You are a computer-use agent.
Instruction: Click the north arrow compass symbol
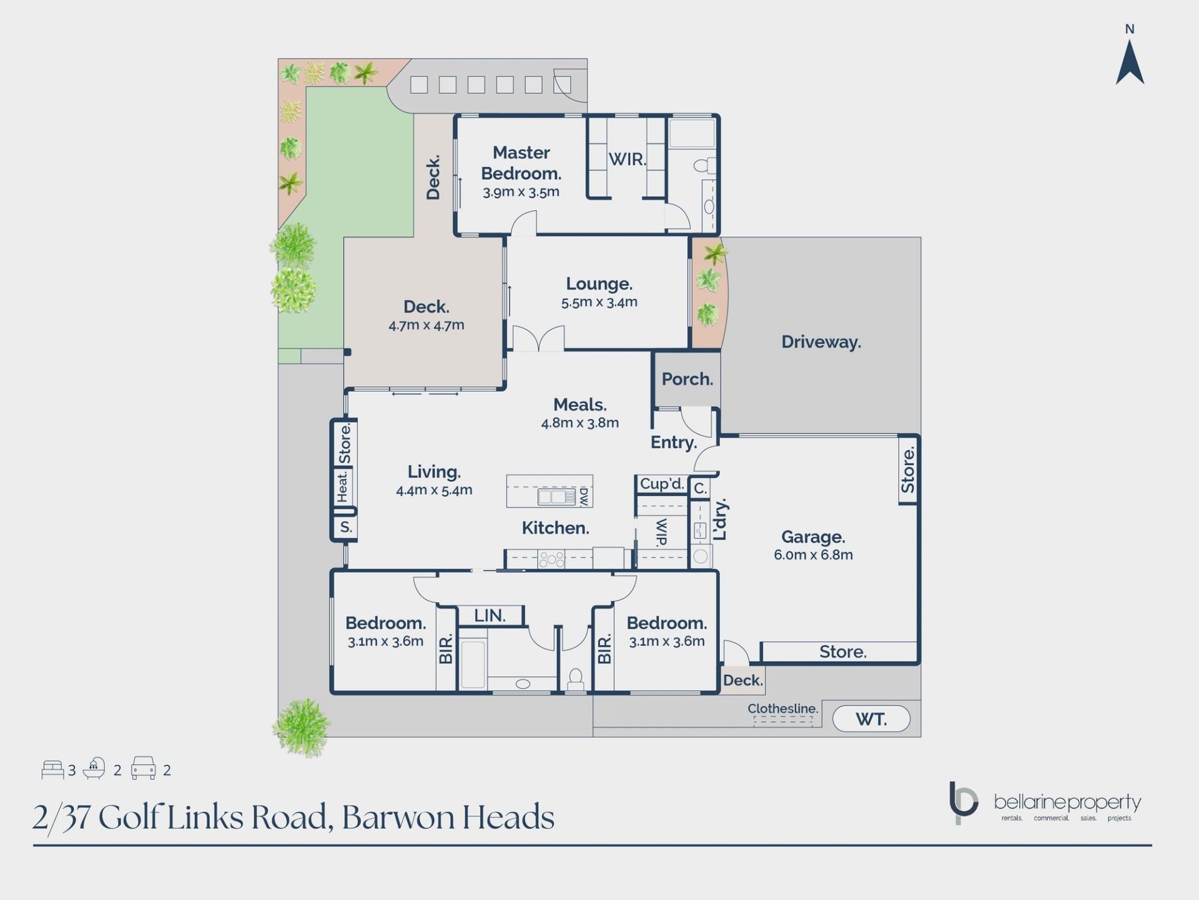tap(1130, 62)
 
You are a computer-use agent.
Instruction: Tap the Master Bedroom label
tap(521, 162)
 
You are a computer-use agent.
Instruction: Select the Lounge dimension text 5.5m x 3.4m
tap(599, 302)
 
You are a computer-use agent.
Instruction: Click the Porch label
tap(687, 379)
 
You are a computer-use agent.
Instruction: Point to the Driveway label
tap(821, 342)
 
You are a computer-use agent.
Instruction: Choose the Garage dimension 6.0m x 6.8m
tap(813, 555)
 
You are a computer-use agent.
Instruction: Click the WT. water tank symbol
tap(871, 719)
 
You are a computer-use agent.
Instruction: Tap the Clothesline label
tap(782, 709)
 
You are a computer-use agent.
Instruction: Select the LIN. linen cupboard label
tap(490, 616)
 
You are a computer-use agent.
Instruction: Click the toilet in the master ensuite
tap(704, 166)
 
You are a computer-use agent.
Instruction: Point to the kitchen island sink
tap(557, 497)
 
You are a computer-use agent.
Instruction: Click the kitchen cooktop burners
tap(551, 559)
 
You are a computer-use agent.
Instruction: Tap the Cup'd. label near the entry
tap(662, 484)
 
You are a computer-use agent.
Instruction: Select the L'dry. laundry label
tap(720, 519)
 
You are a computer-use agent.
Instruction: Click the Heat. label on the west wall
tap(342, 487)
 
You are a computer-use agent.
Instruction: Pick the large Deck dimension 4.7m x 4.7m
tap(427, 326)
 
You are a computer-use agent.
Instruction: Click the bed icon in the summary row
tap(52, 769)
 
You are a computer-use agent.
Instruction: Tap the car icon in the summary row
tap(143, 768)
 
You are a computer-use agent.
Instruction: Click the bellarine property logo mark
tap(962, 802)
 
